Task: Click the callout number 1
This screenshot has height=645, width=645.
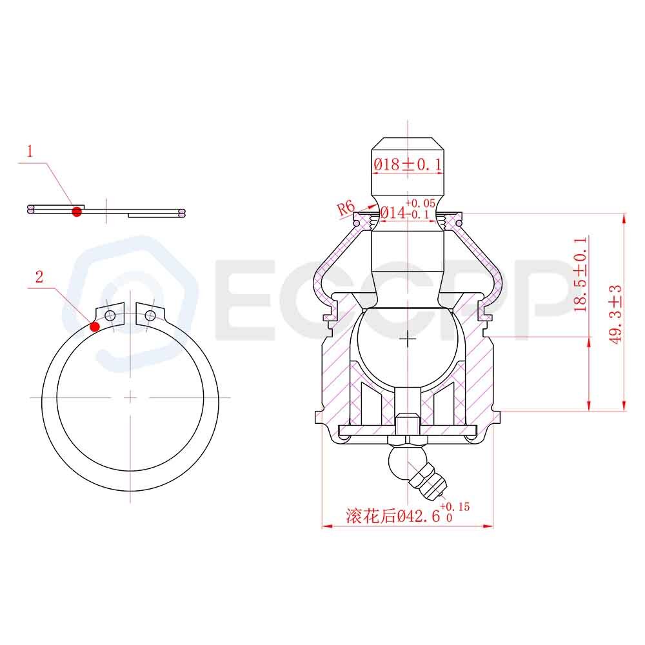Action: pyautogui.click(x=30, y=152)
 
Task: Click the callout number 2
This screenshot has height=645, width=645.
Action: pyautogui.click(x=39, y=277)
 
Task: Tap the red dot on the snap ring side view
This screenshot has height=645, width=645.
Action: pyautogui.click(x=77, y=212)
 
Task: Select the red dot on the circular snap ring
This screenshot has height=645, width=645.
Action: pyautogui.click(x=95, y=326)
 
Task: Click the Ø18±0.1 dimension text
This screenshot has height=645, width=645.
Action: pyautogui.click(x=408, y=164)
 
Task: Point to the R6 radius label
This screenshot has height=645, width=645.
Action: pyautogui.click(x=346, y=208)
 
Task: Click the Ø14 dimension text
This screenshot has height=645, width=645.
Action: pyautogui.click(x=393, y=213)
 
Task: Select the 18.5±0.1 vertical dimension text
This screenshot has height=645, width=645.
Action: pyautogui.click(x=580, y=274)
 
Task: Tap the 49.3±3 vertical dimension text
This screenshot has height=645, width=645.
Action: pyautogui.click(x=615, y=315)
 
